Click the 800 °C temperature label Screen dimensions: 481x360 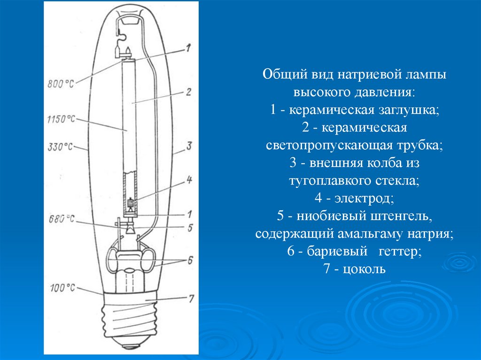click(61, 84)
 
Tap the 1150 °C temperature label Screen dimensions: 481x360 click(61, 119)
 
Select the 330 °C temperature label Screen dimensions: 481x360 click(60, 147)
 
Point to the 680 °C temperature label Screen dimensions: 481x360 click(62, 219)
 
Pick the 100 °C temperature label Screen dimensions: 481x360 click(62, 288)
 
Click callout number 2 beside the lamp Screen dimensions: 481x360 click(188, 92)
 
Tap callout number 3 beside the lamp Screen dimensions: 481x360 click(189, 146)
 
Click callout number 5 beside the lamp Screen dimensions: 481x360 click(190, 228)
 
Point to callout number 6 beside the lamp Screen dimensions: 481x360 click(190, 260)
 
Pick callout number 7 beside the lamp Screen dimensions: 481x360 click(191, 299)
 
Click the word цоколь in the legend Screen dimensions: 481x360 click(364, 269)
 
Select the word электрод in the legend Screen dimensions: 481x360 click(364, 198)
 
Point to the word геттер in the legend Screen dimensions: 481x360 click(400, 251)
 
